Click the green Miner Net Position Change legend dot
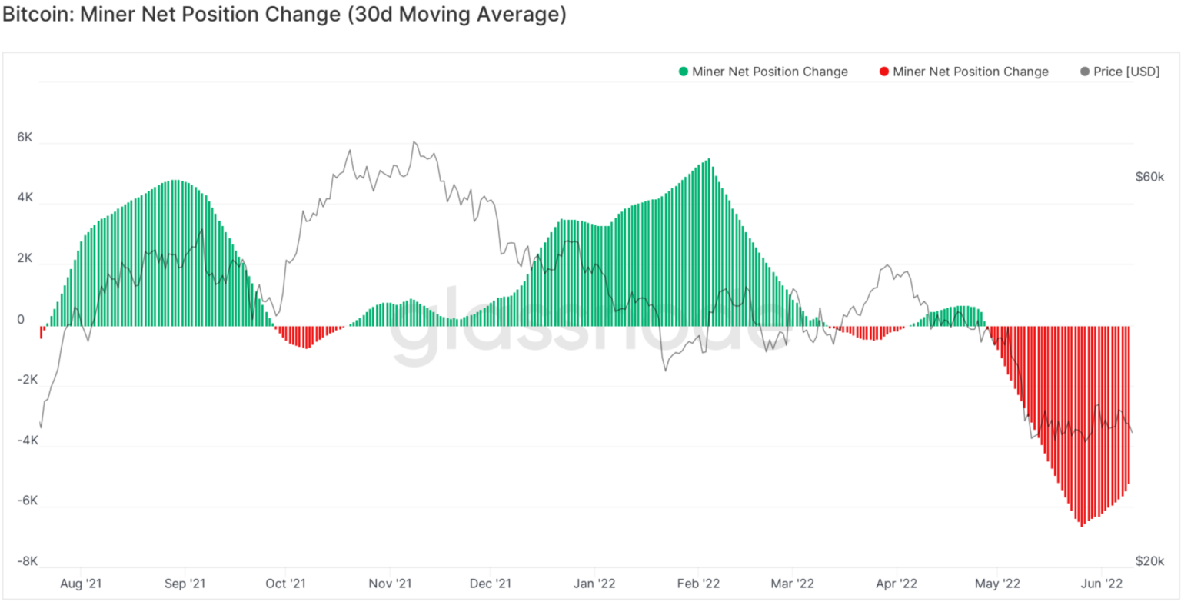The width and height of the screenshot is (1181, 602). coord(683,72)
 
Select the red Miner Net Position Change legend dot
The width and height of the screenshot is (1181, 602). coord(883,72)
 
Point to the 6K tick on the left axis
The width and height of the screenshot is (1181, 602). coord(25,138)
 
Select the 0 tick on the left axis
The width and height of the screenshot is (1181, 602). coord(21,320)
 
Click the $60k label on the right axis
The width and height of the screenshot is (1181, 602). coord(1150,177)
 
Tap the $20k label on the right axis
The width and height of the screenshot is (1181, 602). coord(1150,561)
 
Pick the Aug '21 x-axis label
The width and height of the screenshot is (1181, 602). coord(81,583)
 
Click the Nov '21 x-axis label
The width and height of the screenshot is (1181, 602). coord(390,583)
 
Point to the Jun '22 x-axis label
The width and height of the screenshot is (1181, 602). coord(1103,583)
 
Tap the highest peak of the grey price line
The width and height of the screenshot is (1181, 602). coord(414,142)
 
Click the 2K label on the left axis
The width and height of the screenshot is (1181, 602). coord(25,259)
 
